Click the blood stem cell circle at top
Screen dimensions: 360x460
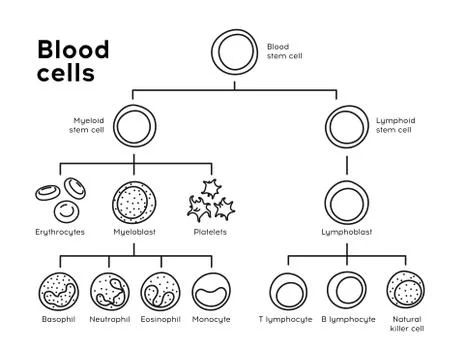tap(236, 53)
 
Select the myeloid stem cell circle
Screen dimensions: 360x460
tap(135, 127)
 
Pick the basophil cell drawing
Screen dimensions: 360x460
tap(58, 292)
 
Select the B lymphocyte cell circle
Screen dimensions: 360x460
tap(348, 292)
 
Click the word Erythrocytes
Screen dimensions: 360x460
tap(59, 232)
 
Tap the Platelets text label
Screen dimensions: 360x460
tap(210, 232)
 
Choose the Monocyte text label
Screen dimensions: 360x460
tap(211, 319)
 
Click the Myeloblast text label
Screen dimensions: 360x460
tap(135, 232)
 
